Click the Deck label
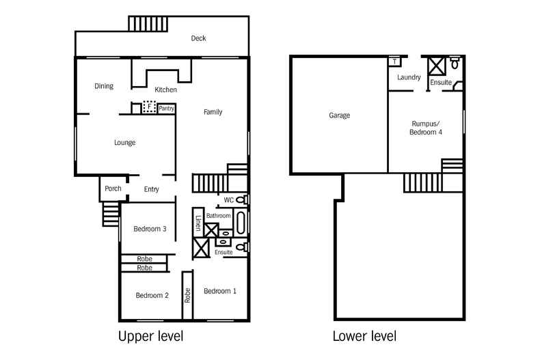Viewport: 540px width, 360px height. tap(198, 39)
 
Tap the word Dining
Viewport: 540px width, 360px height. tap(104, 86)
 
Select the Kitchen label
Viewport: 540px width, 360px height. tap(165, 89)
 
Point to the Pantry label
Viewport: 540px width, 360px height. tap(166, 108)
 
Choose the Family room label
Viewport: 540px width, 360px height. tap(213, 112)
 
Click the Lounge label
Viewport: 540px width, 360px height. tap(124, 143)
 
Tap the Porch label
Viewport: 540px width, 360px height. tap(113, 189)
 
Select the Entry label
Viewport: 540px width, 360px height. tap(152, 189)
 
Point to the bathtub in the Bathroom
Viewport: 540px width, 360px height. tap(241, 223)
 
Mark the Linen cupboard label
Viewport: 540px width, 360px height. tap(198, 223)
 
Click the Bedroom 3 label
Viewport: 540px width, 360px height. tap(150, 229)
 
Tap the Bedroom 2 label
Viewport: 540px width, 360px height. tap(152, 295)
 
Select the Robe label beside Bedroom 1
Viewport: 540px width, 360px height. tap(187, 295)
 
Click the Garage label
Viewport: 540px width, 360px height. tap(339, 115)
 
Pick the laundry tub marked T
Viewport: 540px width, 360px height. tap(395, 61)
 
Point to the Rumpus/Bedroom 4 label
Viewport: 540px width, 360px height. tap(426, 128)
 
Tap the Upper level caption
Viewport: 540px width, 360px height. tap(150, 336)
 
